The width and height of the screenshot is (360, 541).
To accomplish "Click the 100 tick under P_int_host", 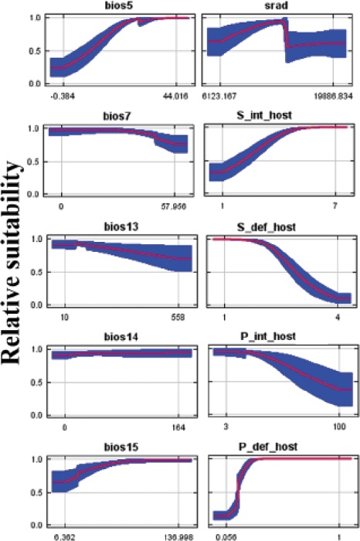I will [x=338, y=427].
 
